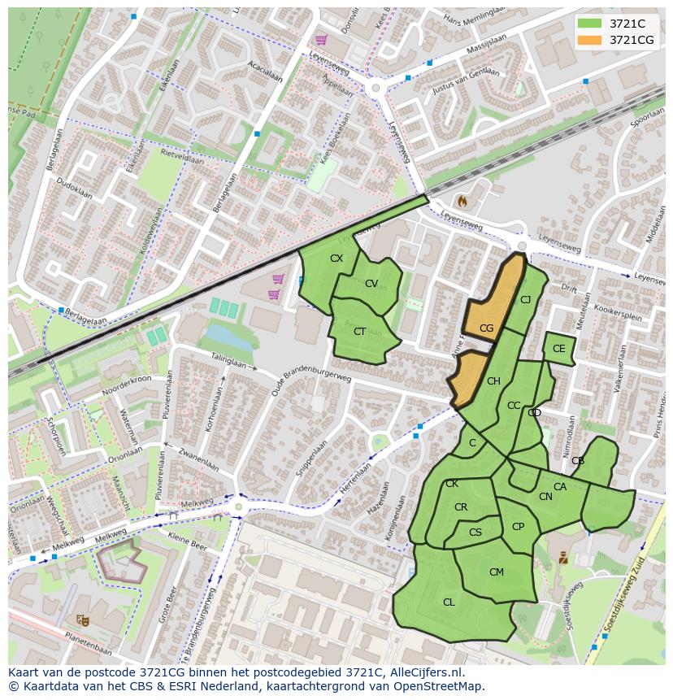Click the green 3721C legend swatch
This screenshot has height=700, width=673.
[x=589, y=24]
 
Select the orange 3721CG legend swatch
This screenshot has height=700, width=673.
[x=589, y=40]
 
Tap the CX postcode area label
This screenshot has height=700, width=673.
[x=336, y=259]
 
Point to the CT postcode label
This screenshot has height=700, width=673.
[x=359, y=331]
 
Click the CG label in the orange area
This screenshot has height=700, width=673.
[x=486, y=328]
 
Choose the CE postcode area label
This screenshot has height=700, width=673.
[x=558, y=349]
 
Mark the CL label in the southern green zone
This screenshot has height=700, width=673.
[x=449, y=602]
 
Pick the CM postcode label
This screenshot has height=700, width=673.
[x=496, y=572]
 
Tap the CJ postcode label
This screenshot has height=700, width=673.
[x=525, y=300]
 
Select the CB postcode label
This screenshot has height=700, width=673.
[x=577, y=461]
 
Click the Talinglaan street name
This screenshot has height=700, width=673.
[x=228, y=362]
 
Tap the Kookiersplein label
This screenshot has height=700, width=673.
[x=619, y=311]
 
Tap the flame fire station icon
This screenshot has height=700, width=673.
[x=463, y=199]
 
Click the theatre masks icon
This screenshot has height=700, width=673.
[x=81, y=620]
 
